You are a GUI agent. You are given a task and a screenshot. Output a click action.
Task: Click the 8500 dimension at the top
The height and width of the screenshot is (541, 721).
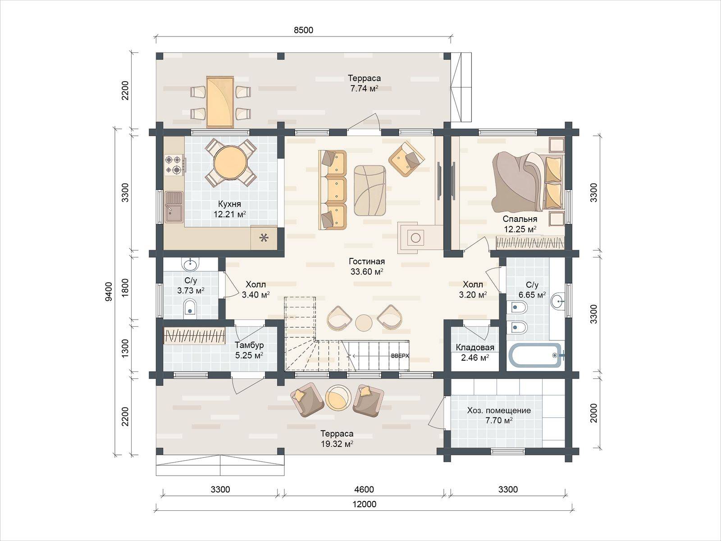(303, 30)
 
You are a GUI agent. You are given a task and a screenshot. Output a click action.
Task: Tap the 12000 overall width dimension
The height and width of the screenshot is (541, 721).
(364, 504)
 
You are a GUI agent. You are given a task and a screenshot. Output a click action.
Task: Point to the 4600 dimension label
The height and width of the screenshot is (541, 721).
(364, 490)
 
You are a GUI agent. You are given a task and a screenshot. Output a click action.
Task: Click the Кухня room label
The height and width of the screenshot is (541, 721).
(229, 204)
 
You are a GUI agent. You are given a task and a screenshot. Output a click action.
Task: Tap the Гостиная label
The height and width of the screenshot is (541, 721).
(366, 261)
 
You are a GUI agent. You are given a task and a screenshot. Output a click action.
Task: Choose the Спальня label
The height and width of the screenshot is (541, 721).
(520, 219)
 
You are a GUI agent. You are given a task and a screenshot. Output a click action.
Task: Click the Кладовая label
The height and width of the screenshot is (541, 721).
(475, 347)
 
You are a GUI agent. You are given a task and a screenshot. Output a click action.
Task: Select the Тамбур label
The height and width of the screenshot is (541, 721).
(249, 345)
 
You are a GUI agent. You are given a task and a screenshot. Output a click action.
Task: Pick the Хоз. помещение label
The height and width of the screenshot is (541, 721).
(499, 410)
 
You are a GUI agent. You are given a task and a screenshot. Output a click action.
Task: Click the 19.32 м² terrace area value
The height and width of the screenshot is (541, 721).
(337, 444)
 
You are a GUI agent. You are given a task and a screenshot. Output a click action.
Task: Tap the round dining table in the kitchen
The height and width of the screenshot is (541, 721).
(230, 162)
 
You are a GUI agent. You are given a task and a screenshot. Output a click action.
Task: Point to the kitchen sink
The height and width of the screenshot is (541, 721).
(174, 207)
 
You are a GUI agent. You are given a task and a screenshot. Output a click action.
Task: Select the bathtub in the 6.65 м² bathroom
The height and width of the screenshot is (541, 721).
(535, 355)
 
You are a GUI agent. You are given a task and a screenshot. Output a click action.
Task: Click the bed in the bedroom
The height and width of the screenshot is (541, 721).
(527, 182)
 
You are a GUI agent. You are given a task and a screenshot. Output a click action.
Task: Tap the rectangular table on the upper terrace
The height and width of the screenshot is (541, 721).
(220, 102)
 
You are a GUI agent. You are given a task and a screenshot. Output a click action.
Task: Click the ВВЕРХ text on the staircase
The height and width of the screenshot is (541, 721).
(400, 356)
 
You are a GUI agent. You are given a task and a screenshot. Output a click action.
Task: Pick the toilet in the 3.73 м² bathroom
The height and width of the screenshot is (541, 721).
(190, 307)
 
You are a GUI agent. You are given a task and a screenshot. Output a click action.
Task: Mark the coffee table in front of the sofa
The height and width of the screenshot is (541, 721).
(370, 191)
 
